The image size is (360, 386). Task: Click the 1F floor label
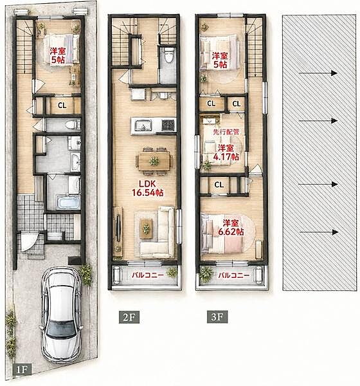click(x=22, y=369)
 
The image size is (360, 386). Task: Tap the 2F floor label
click(x=129, y=317)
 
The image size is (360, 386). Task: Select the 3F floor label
click(x=217, y=317)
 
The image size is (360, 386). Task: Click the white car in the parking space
click(x=61, y=316)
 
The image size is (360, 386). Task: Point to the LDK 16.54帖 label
click(x=148, y=188)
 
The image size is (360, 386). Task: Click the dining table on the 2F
click(x=154, y=161)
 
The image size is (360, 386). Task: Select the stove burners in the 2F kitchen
click(x=169, y=125)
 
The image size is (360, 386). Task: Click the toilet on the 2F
click(x=169, y=55)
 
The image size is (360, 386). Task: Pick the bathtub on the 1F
click(x=68, y=202)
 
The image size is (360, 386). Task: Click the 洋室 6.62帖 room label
click(x=231, y=228)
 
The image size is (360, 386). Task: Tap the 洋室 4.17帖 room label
click(x=226, y=152)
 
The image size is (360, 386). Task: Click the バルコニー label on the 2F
click(x=148, y=275)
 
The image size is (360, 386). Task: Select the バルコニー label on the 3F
click(x=234, y=275)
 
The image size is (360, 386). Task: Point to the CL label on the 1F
click(x=62, y=106)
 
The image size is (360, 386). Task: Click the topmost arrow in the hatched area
click(x=318, y=73)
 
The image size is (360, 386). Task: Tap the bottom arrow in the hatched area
click(x=319, y=232)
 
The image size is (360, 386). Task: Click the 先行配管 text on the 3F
click(x=226, y=132)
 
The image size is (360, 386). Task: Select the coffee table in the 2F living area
click(x=146, y=229)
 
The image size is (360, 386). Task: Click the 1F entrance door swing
click(x=28, y=241)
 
